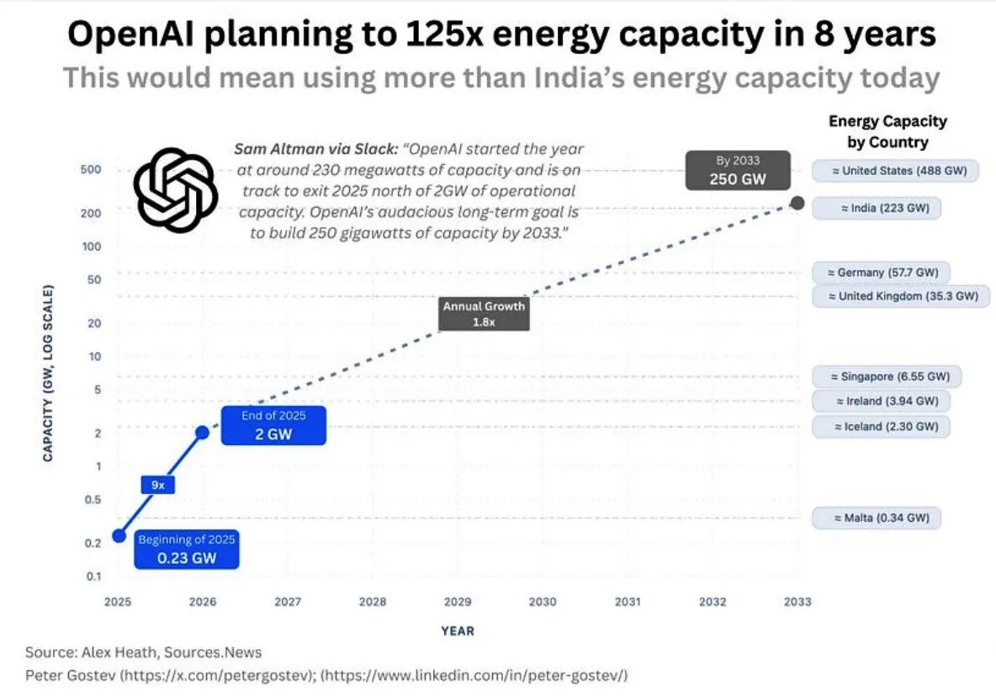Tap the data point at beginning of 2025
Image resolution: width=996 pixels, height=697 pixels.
click(119, 535)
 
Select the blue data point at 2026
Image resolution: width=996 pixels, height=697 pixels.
click(203, 432)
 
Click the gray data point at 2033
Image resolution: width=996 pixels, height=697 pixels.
click(797, 204)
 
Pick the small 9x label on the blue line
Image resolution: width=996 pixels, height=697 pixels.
click(157, 485)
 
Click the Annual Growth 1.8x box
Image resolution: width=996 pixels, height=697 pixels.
click(484, 314)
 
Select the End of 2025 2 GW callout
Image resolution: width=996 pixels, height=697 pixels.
click(273, 425)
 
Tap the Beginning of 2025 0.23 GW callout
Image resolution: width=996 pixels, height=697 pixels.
click(187, 549)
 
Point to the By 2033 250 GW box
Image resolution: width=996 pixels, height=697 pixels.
click(737, 170)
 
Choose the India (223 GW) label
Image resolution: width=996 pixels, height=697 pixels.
click(877, 208)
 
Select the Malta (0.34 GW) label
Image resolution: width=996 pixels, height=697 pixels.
click(877, 518)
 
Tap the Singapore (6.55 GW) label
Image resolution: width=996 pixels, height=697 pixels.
click(883, 376)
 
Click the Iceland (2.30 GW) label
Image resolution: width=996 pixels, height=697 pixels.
click(880, 426)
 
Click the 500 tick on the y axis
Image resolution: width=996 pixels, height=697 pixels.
click(93, 169)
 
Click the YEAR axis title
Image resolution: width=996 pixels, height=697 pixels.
click(457, 630)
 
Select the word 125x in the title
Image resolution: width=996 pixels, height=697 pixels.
click(390, 35)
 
